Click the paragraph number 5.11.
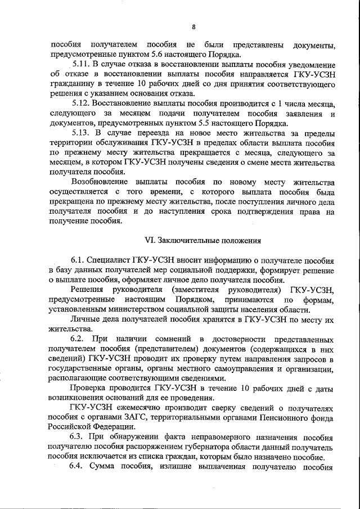coord(80,65)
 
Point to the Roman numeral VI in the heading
coord(149,240)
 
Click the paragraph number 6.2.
coord(77,339)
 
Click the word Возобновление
coord(100,182)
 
